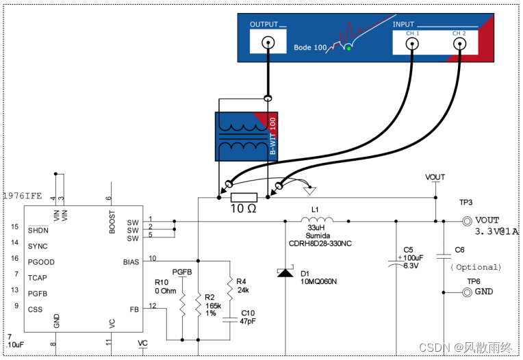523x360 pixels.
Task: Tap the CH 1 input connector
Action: coord(413,44)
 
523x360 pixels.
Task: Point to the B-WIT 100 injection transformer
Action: coord(246,136)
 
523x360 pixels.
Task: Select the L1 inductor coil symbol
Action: coord(316,220)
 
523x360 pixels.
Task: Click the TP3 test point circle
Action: coord(468,221)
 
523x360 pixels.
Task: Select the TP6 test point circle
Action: coord(468,292)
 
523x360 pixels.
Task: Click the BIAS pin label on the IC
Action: coord(131,261)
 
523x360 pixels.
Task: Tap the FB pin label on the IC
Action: coord(134,309)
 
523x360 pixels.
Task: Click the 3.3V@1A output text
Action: coord(497,231)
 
